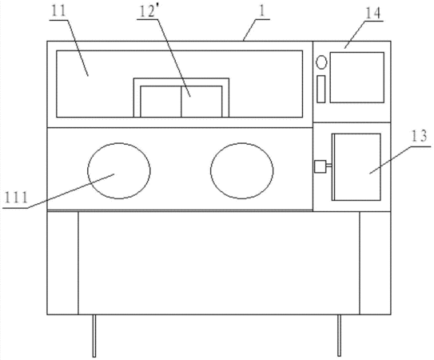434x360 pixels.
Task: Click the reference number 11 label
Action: [58, 11]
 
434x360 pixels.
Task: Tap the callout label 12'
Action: [147, 12]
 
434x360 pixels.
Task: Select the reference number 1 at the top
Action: [262, 11]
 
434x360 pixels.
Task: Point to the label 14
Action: [373, 13]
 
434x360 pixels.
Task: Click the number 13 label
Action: [419, 136]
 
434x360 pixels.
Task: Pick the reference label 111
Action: [16, 198]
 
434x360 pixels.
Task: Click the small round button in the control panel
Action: [321, 62]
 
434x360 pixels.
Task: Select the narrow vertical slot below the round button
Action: [321, 89]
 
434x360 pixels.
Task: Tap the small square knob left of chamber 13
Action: [321, 166]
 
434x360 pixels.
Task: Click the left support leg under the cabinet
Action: [94, 336]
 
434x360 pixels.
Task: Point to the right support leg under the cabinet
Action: [340, 336]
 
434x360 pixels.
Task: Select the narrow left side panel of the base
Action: [62, 263]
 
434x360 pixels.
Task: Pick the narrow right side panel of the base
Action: [375, 263]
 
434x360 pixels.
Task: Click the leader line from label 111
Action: [71, 191]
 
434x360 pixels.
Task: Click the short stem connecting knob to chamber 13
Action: [329, 166]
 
